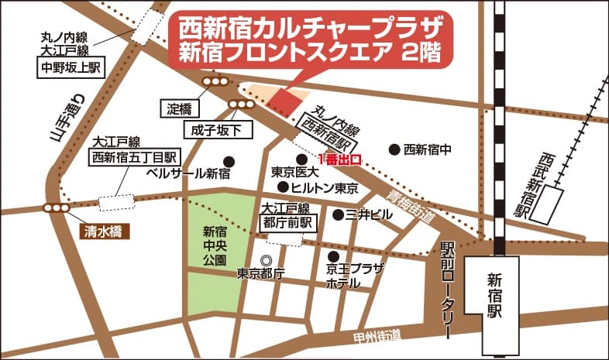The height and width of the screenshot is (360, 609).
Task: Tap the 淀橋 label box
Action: [179, 109]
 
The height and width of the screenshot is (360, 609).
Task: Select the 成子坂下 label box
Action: [218, 129]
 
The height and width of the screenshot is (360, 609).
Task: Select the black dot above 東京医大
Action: [301, 158]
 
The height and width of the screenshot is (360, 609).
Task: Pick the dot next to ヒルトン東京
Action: [283, 187]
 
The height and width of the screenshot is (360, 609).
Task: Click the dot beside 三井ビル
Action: [338, 214]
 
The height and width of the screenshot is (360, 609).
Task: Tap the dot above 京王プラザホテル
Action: [333, 256]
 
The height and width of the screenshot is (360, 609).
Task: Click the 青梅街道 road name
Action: [411, 205]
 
